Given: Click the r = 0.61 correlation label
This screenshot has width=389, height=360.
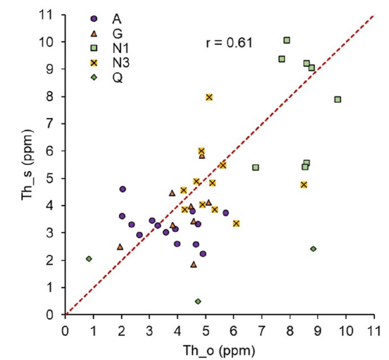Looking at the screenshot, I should pyautogui.click(x=229, y=43).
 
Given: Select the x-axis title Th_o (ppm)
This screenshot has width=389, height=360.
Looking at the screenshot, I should pyautogui.click(x=220, y=350).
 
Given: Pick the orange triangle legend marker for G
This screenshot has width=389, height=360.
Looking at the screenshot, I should pyautogui.click(x=94, y=34).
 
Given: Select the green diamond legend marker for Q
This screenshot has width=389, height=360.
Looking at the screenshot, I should pyautogui.click(x=94, y=78).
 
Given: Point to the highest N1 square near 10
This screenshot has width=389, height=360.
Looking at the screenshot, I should pyautogui.click(x=287, y=40).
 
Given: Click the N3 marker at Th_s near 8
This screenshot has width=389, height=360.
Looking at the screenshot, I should pyautogui.click(x=209, y=97).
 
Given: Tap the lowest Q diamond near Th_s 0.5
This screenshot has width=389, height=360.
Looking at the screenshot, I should pyautogui.click(x=198, y=301).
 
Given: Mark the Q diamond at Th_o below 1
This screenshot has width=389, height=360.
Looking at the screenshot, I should pyautogui.click(x=89, y=259).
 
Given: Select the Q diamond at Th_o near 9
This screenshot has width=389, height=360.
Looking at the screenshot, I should pyautogui.click(x=313, y=249).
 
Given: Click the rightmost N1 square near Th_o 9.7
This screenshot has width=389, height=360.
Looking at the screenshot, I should pyautogui.click(x=338, y=99).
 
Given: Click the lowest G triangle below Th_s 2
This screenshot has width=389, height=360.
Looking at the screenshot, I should pyautogui.click(x=193, y=264).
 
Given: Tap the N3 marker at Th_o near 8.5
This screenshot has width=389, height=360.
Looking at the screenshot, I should pyautogui.click(x=303, y=185).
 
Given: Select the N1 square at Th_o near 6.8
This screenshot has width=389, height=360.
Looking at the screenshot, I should pyautogui.click(x=255, y=167).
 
